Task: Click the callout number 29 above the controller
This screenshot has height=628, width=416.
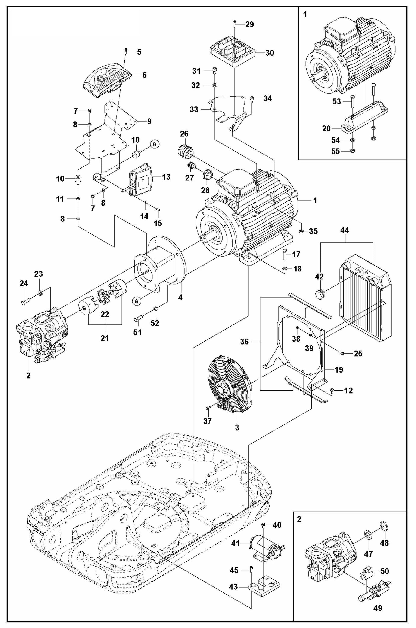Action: tap(249, 24)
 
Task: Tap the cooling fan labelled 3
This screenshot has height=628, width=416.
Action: tap(228, 385)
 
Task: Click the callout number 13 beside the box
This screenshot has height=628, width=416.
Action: tap(166, 177)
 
